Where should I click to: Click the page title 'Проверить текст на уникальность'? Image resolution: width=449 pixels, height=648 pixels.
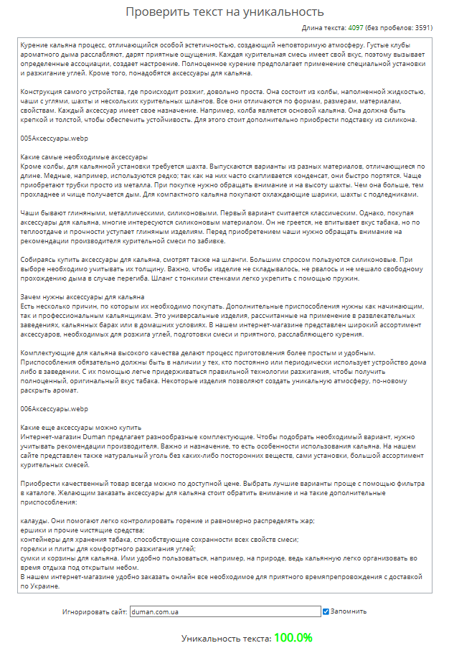(224, 11)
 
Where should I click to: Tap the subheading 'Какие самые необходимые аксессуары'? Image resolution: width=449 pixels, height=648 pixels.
(84, 156)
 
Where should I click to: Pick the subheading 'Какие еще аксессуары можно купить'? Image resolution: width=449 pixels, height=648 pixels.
(81, 427)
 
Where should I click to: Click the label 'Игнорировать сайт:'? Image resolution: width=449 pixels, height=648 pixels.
(95, 612)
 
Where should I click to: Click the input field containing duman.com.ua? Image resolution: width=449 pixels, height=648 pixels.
(225, 612)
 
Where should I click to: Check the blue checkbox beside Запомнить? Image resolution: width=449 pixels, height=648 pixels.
(326, 612)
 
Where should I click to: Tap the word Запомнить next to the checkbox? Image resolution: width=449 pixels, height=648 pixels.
(349, 612)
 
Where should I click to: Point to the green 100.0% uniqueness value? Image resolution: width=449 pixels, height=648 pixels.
(293, 637)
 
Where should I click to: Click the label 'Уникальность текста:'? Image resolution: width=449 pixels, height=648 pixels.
(226, 638)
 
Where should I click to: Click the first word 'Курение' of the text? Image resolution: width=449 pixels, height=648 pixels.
(35, 44)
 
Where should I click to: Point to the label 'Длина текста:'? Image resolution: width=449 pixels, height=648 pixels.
(324, 28)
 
